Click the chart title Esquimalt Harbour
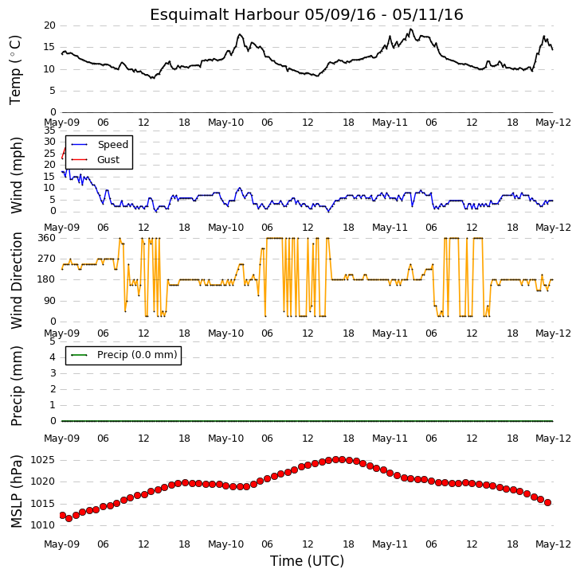tap(224, 15)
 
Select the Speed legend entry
tap(100, 144)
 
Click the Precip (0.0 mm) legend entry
tap(124, 355)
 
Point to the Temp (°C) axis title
tap(16, 70)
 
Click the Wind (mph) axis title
tap(16, 175)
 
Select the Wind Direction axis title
tap(16, 280)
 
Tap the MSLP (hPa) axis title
tap(16, 491)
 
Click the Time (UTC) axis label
tap(307, 561)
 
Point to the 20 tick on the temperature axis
tap(49, 25)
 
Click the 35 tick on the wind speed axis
tap(49, 131)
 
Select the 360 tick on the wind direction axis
tap(46, 238)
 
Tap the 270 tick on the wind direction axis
tap(46, 259)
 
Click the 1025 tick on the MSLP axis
tap(42, 460)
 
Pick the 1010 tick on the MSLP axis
tap(42, 525)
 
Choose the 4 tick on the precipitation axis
tap(53, 357)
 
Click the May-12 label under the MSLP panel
tap(554, 544)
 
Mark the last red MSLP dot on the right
tap(548, 502)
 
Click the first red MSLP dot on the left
tap(62, 515)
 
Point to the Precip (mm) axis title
tap(16, 386)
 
